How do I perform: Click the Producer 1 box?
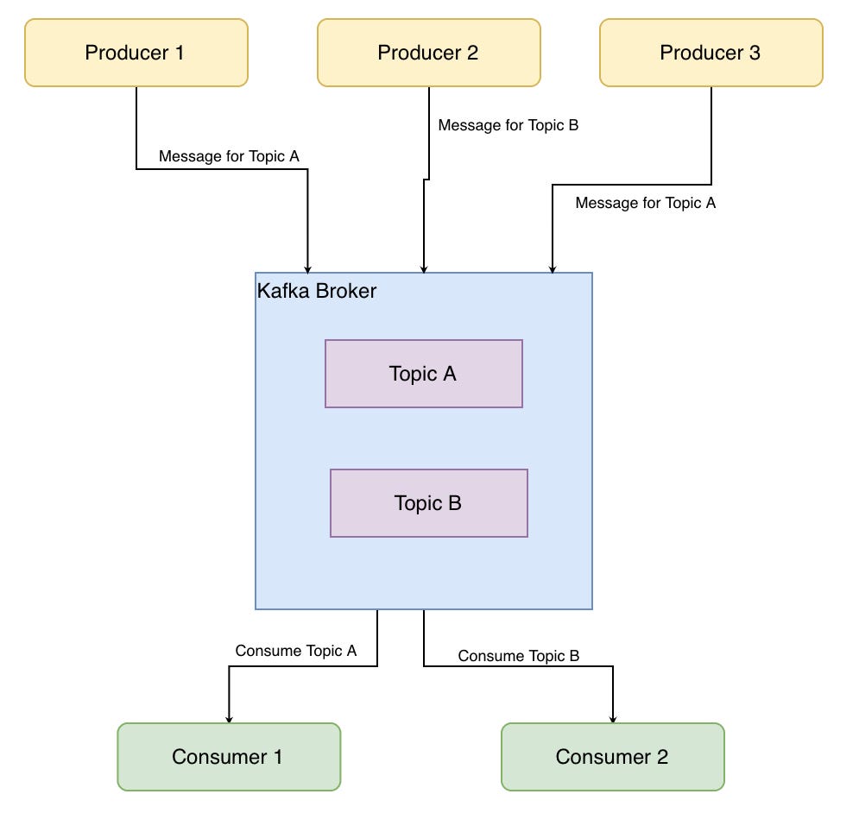pos(136,53)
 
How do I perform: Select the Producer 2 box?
pos(428,53)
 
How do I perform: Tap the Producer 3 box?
pos(711,53)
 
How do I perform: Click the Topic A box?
pos(423,374)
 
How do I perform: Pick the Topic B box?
pos(428,503)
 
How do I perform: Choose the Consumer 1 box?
pos(229,757)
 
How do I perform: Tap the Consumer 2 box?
pos(612,757)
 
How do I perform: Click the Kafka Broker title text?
pos(317,291)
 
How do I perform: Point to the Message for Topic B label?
pos(508,125)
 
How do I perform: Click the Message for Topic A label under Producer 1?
pos(229,156)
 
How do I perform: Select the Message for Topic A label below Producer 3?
pos(645,204)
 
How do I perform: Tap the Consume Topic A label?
pos(295,651)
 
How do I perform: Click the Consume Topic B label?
pos(518,656)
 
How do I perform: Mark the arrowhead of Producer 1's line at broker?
pos(307,268)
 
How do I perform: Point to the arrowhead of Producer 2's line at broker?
pos(423,268)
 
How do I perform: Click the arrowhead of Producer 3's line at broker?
pos(553,268)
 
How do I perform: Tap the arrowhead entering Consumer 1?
pos(229,717)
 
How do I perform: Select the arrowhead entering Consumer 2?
pos(613,717)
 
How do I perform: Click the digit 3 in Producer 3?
pos(755,53)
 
